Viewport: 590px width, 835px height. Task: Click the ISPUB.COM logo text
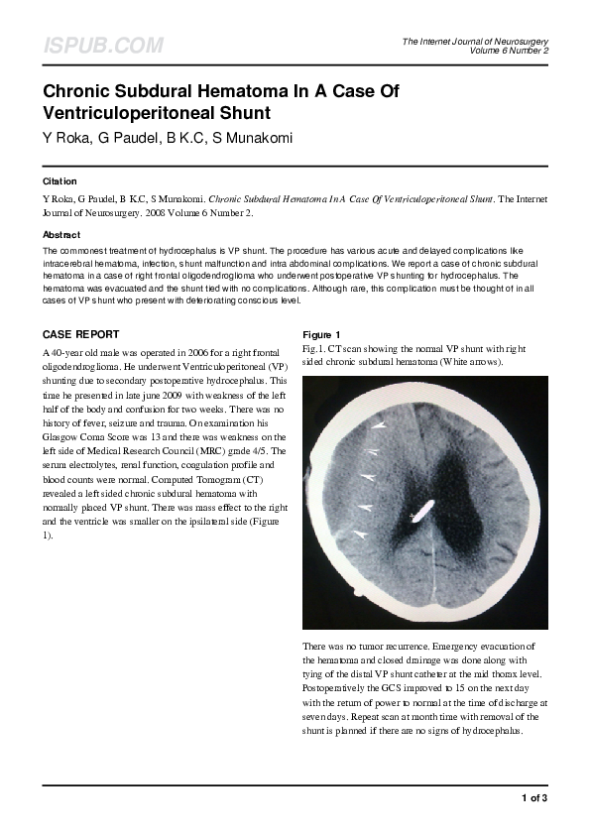pyautogui.click(x=102, y=46)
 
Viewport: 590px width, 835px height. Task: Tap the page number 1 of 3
pyautogui.click(x=534, y=797)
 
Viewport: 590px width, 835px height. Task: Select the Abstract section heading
pyautogui.click(x=61, y=235)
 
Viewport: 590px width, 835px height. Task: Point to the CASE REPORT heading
pyautogui.click(x=81, y=334)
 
